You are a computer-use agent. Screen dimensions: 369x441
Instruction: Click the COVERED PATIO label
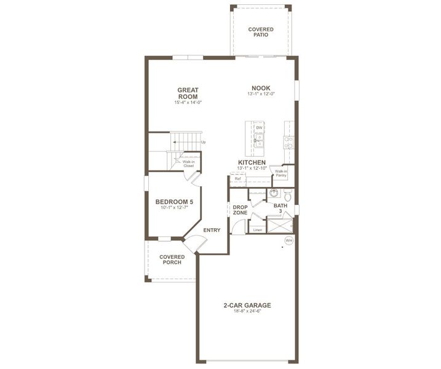coord(261,32)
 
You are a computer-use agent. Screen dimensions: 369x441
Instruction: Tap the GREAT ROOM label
coord(188,93)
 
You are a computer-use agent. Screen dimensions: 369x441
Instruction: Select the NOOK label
coord(260,87)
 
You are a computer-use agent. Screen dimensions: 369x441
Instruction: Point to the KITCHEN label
coord(252,162)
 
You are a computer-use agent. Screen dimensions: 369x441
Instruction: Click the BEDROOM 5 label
coord(174,202)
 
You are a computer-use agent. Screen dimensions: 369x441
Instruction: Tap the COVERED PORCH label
coord(172,260)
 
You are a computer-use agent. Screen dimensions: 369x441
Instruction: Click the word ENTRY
coord(212,230)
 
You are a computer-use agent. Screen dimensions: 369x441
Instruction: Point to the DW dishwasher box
coord(259,128)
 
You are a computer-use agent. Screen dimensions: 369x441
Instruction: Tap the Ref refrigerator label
coord(237,179)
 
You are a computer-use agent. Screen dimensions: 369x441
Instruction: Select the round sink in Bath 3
coord(272,193)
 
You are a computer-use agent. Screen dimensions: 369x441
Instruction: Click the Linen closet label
coord(256,230)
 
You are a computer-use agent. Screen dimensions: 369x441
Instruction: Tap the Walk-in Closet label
coord(188,164)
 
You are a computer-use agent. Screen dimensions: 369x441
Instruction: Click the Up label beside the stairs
coord(203,143)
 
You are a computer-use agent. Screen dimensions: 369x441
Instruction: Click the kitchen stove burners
coord(287,141)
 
